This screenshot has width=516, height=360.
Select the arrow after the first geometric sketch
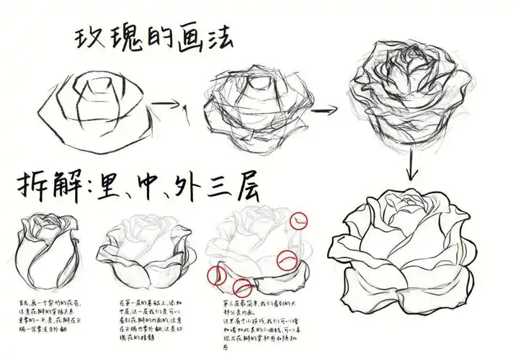point(168,105)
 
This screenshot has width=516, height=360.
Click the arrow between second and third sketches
point(323,110)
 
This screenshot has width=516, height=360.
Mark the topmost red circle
point(301,220)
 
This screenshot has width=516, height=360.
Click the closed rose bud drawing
point(48,248)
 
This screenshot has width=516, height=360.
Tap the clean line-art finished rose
point(409,248)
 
